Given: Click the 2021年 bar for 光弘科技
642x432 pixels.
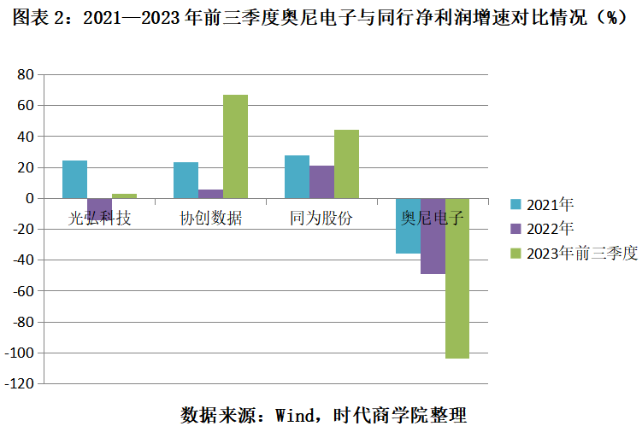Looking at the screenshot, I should (74, 179).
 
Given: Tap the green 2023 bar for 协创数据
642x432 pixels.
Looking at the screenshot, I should (235, 146).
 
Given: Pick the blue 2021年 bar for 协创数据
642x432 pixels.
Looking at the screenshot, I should (186, 180).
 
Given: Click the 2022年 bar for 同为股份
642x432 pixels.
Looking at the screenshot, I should (321, 182).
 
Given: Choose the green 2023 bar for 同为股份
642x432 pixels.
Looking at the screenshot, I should (346, 164).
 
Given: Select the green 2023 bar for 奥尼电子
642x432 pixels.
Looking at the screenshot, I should (457, 278).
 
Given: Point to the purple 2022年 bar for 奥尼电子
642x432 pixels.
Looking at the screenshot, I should (433, 236).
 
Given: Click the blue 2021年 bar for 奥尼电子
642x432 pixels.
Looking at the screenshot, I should (408, 225).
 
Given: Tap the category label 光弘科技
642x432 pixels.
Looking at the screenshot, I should (100, 219).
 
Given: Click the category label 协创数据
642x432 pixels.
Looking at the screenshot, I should (210, 219).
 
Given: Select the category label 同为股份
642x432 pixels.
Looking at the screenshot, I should (321, 219).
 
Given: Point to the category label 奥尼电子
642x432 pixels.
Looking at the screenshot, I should (433, 219).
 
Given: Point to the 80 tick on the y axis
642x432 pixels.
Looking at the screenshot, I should (25, 75).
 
